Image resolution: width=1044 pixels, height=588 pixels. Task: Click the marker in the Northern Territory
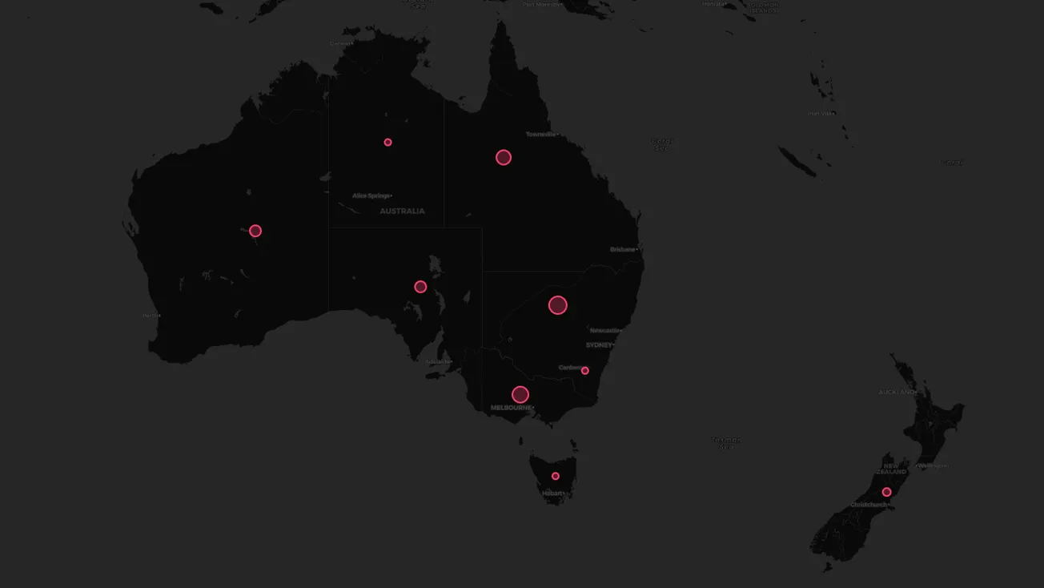click(387, 143)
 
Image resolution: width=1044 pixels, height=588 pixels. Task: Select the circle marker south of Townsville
click(504, 157)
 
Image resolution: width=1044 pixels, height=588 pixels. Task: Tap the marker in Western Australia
click(255, 231)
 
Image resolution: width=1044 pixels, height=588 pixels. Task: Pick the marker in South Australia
click(420, 287)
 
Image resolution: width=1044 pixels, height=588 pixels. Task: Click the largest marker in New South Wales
click(558, 304)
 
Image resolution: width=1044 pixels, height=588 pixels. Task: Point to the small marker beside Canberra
click(585, 371)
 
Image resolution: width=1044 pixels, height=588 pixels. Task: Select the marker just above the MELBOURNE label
click(520, 394)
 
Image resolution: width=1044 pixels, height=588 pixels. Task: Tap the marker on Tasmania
click(556, 476)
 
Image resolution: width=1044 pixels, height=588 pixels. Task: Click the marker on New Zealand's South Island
click(886, 492)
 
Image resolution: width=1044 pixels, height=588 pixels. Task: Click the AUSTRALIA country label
click(402, 211)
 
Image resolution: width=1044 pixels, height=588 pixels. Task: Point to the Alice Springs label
click(371, 195)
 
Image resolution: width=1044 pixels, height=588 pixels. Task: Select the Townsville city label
click(540, 134)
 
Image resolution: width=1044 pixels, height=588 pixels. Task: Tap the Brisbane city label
click(623, 249)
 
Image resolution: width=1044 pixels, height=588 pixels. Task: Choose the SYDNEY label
click(599, 344)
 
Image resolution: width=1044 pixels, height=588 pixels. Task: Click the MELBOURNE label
click(511, 408)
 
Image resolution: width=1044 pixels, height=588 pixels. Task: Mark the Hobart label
click(552, 493)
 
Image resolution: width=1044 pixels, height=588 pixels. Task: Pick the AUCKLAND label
click(896, 393)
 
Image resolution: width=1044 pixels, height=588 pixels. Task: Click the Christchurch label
click(869, 505)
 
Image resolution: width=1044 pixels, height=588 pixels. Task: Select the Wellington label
click(932, 465)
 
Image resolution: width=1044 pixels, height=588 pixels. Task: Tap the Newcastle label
click(604, 330)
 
